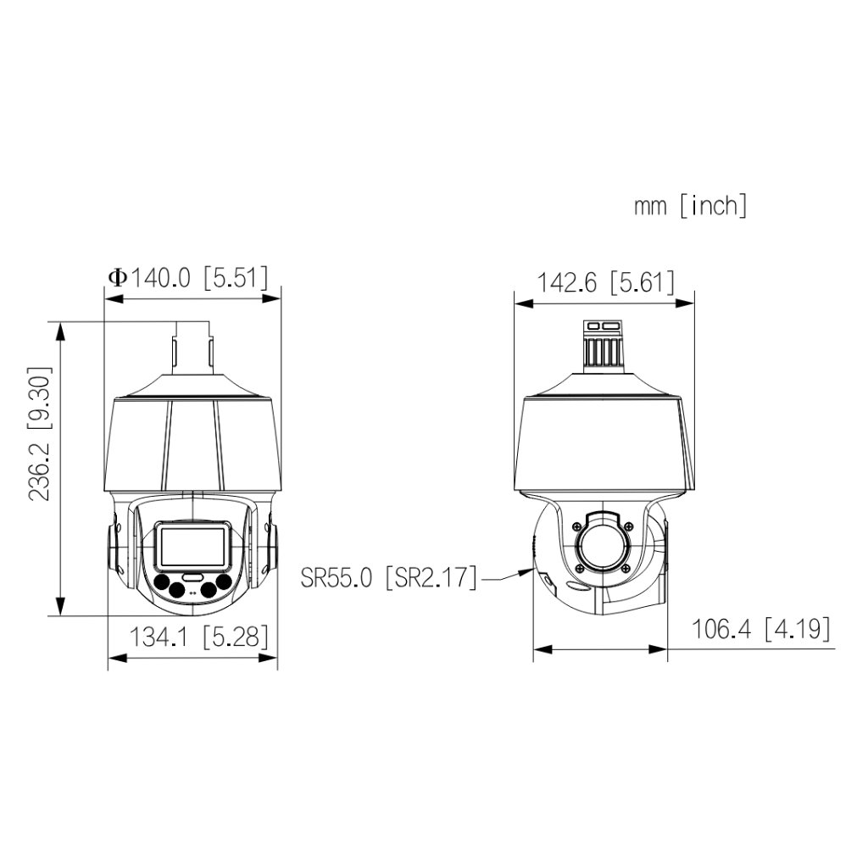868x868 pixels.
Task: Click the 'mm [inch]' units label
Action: [x=690, y=206]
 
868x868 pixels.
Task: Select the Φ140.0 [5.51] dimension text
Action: [x=187, y=277]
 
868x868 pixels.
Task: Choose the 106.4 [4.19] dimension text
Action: [x=760, y=629]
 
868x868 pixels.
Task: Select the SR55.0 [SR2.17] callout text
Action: [x=389, y=578]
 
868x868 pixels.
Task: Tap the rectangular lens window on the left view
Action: [x=193, y=546]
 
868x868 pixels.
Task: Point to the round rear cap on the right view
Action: [x=603, y=546]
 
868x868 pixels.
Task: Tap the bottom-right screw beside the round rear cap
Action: [x=626, y=569]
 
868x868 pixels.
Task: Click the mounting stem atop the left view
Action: [x=192, y=347]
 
